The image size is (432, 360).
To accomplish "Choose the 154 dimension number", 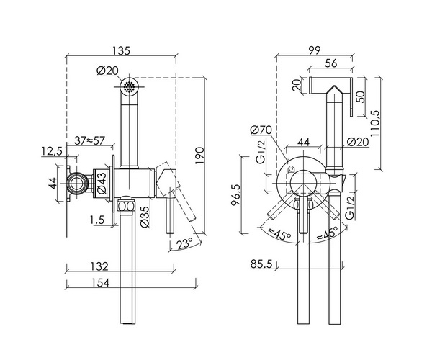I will point(102,283).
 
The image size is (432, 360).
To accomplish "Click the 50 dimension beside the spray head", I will point(359,94).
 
